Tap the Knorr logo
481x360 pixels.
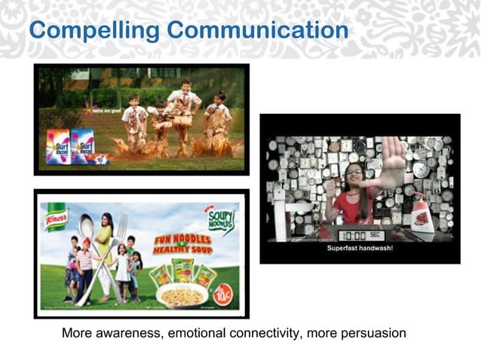point(56,217)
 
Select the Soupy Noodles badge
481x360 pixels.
point(221,221)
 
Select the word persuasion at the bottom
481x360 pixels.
point(377,332)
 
